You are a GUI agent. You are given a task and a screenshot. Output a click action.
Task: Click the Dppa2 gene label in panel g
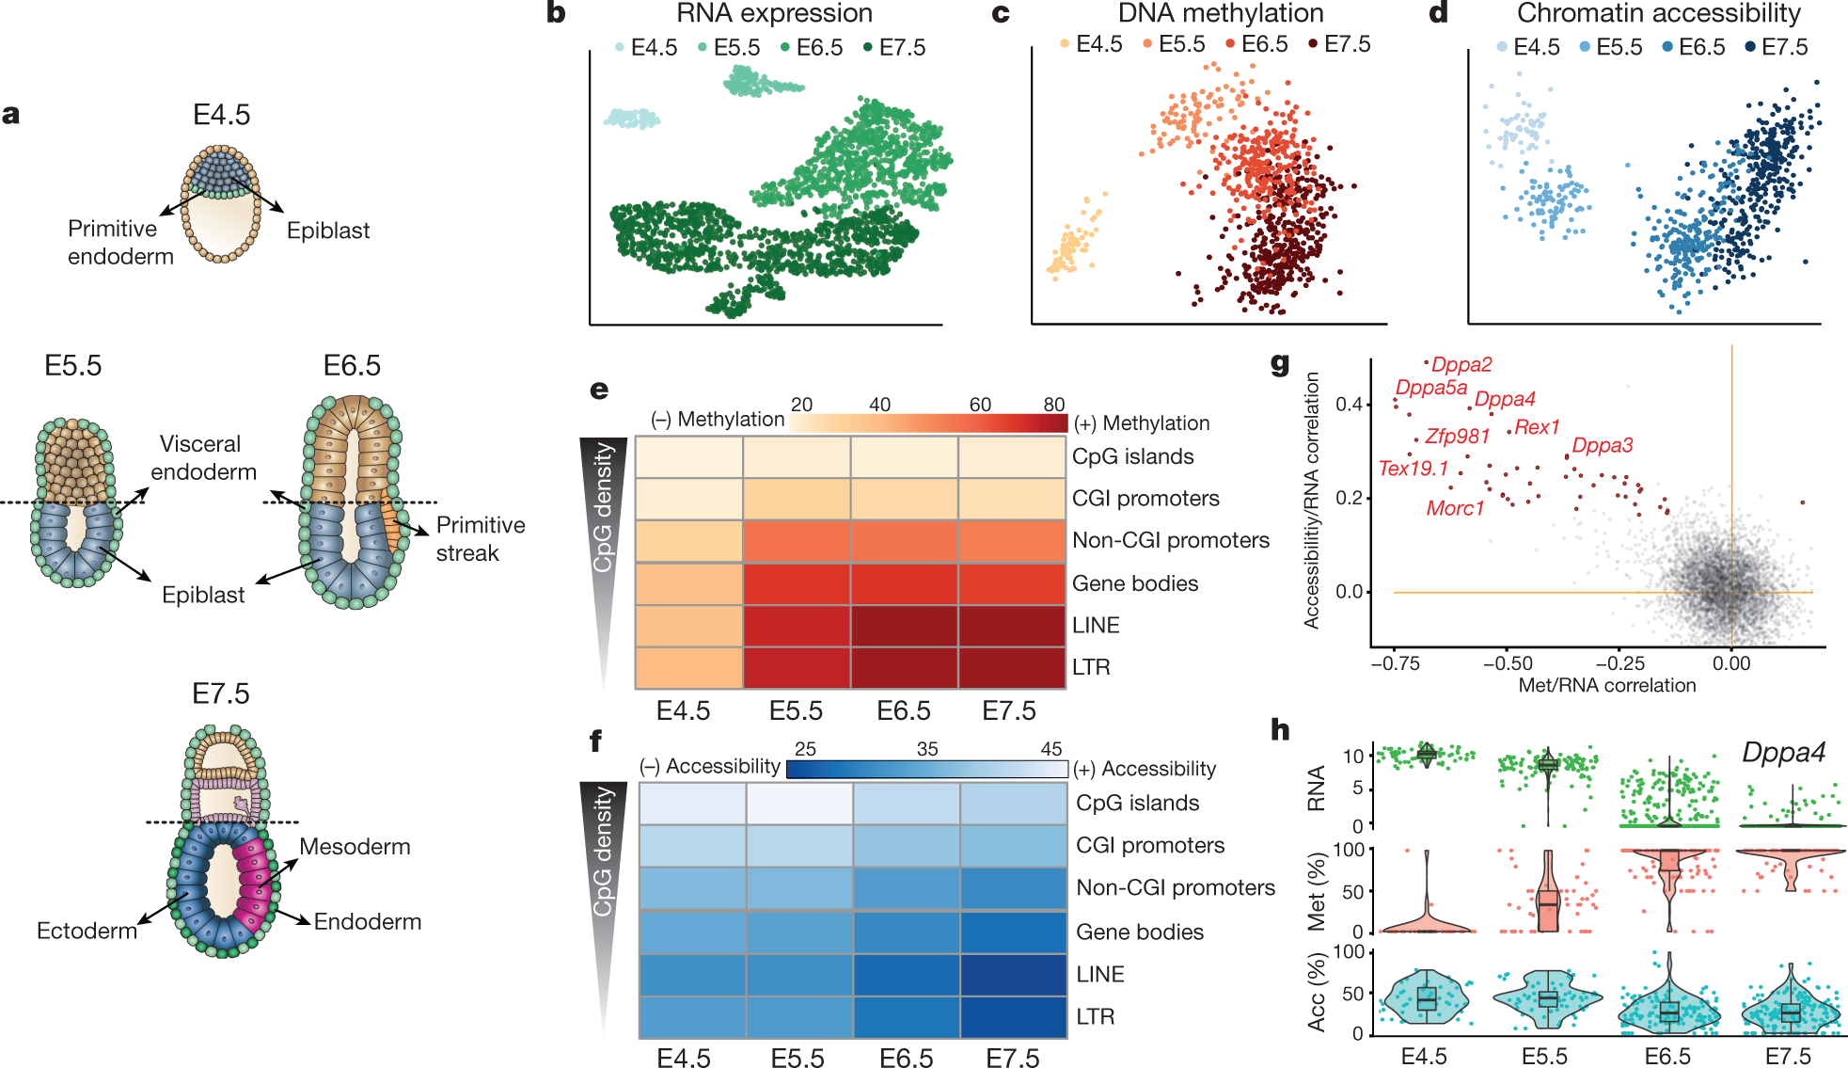1461,365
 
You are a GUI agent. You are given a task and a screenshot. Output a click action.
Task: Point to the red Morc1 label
1455,509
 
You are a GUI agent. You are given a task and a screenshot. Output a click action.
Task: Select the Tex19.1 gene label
1413,469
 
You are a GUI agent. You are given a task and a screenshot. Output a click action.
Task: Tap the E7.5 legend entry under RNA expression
901,48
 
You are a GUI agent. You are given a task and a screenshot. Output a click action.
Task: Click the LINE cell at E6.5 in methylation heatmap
904,626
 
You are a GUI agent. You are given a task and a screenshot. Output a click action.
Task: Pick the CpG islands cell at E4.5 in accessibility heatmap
692,804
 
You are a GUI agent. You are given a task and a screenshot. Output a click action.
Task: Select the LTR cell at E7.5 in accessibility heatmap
1013,1017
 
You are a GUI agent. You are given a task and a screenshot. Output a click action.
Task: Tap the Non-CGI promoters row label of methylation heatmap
1171,540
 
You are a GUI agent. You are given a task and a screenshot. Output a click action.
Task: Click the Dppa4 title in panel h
1783,753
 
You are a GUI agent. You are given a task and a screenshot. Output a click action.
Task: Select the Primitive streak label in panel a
480,539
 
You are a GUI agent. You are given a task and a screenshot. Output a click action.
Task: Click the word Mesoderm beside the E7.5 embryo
355,847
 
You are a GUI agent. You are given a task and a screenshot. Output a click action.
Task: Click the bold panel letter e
599,390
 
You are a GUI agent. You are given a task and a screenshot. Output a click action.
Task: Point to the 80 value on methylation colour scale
1053,405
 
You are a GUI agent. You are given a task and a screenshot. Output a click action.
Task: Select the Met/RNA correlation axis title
1606,686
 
